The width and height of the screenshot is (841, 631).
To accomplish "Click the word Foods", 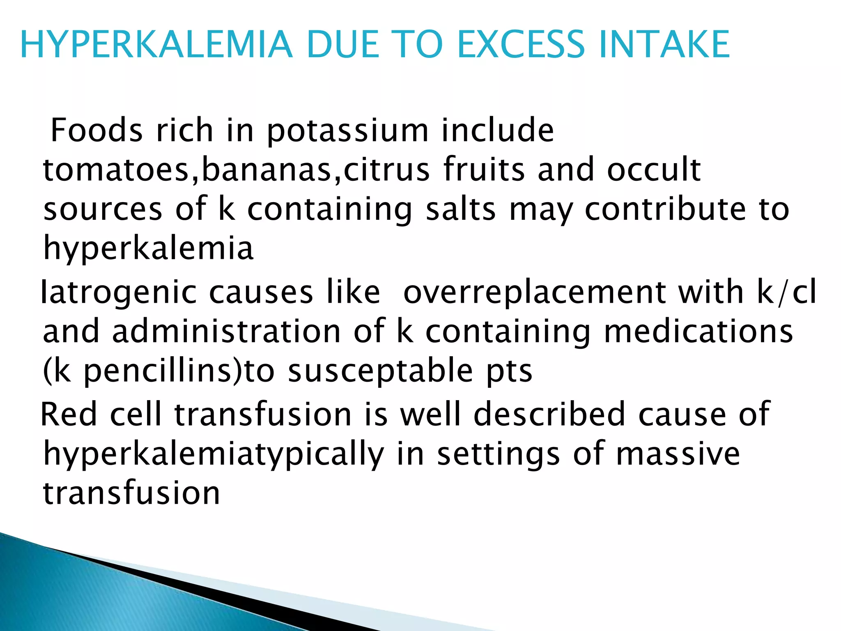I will pos(97,131).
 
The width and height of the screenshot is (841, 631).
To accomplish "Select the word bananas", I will pos(267,170).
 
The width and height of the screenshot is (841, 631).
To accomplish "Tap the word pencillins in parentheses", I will pos(163,371).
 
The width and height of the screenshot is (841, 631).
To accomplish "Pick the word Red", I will pos(68,414).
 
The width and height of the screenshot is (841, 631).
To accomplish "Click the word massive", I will pos(678,454).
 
